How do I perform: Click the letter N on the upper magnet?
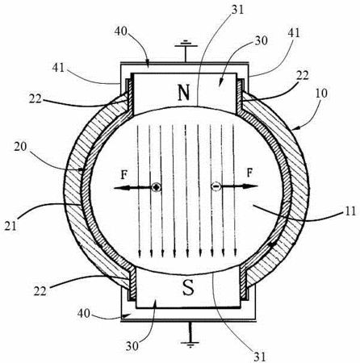[184, 93]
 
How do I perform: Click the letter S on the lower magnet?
[188, 287]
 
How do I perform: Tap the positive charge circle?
[157, 187]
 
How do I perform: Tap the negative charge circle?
[216, 186]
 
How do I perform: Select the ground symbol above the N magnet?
[186, 51]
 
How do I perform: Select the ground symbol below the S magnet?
[190, 335]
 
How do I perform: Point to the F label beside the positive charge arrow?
[123, 175]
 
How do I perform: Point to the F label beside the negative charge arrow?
[250, 173]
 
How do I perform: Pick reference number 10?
[320, 93]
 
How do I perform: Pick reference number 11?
[350, 211]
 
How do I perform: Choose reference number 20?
[21, 147]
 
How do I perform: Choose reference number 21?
[10, 226]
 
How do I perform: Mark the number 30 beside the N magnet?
[261, 40]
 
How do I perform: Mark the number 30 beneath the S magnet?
[132, 346]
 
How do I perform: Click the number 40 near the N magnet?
[121, 31]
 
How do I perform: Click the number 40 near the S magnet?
[84, 313]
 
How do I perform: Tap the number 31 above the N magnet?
[237, 10]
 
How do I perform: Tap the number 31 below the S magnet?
[259, 357]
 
